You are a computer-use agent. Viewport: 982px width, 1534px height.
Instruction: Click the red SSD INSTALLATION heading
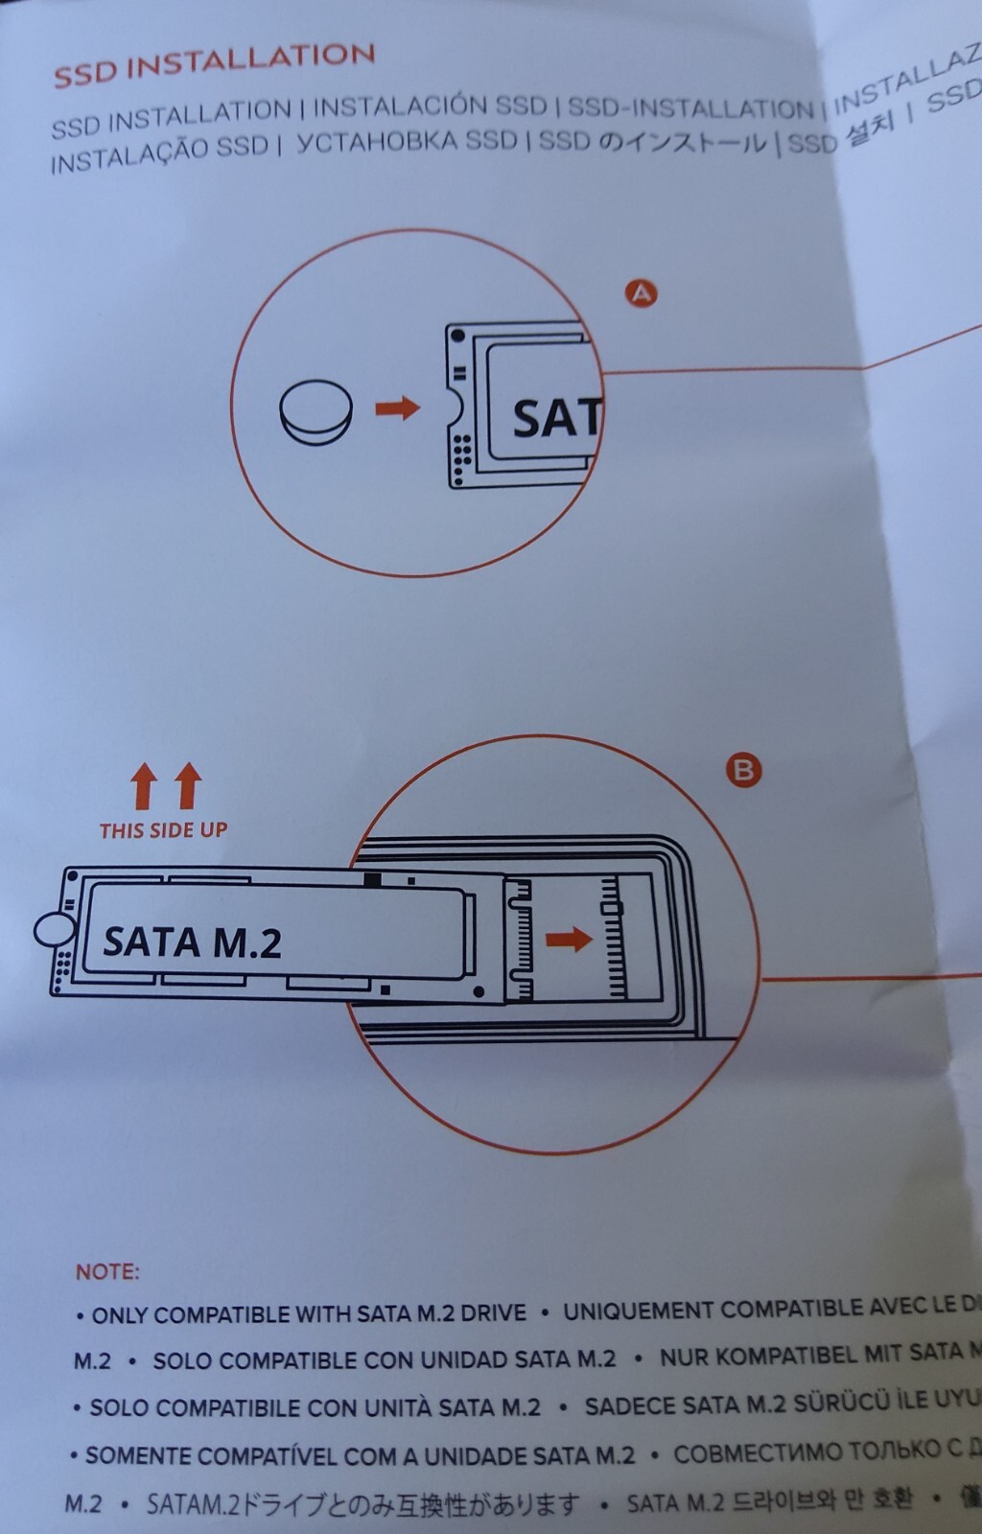(213, 63)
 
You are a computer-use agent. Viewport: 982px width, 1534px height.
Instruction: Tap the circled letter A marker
(641, 292)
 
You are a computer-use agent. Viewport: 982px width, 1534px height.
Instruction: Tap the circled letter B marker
(743, 770)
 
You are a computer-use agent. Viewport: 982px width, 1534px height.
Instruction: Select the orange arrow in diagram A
(397, 408)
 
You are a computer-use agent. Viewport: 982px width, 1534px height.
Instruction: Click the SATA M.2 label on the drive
(192, 942)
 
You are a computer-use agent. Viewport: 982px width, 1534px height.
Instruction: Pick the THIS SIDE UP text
(163, 830)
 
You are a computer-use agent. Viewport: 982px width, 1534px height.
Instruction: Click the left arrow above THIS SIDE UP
(144, 786)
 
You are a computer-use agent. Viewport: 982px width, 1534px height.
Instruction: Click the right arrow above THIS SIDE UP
(189, 785)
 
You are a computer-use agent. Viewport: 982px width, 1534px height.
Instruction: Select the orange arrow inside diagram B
(569, 939)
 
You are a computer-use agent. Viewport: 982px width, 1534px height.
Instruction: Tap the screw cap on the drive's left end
(55, 928)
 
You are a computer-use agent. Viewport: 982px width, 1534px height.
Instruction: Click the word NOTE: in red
(107, 1272)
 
